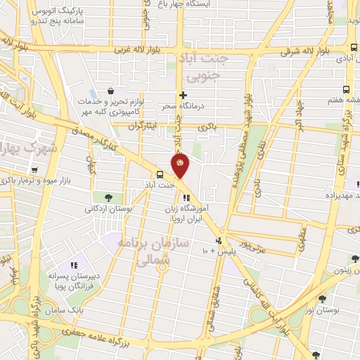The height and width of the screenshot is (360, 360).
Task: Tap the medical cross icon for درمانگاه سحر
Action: tap(184, 95)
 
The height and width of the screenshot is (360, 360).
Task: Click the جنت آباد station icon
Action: tap(160, 174)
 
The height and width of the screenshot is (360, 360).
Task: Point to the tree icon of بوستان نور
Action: tap(321, 298)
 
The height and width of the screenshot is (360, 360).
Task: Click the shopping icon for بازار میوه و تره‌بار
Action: tap(34, 169)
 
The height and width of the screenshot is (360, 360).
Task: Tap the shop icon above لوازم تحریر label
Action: tap(111, 91)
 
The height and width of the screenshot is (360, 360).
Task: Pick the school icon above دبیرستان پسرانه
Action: tap(72, 266)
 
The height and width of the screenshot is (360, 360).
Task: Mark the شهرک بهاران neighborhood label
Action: tap(23, 149)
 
